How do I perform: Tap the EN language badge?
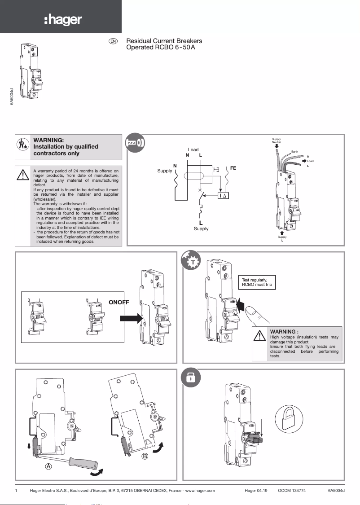click(x=113, y=41)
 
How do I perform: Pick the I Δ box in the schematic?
click(x=223, y=196)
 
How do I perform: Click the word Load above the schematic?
click(x=193, y=149)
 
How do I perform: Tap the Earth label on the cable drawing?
click(x=294, y=152)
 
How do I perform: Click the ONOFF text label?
click(x=119, y=303)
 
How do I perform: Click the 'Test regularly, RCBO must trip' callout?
click(x=257, y=282)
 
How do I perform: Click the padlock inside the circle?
click(x=287, y=418)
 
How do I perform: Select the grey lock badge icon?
click(x=190, y=378)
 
